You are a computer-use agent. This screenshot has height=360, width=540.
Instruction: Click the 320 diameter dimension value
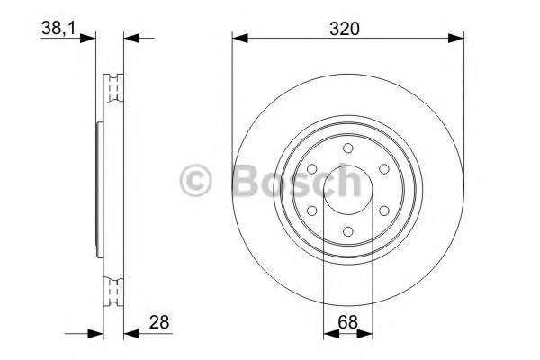click(x=347, y=28)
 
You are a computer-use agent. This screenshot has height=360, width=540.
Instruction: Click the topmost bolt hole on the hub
click(x=347, y=150)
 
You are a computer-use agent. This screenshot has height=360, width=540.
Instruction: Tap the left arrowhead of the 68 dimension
click(x=328, y=334)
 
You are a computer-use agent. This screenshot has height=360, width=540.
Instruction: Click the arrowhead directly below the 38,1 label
click(x=87, y=38)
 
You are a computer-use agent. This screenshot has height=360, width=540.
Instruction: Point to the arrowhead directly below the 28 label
click(x=130, y=334)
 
